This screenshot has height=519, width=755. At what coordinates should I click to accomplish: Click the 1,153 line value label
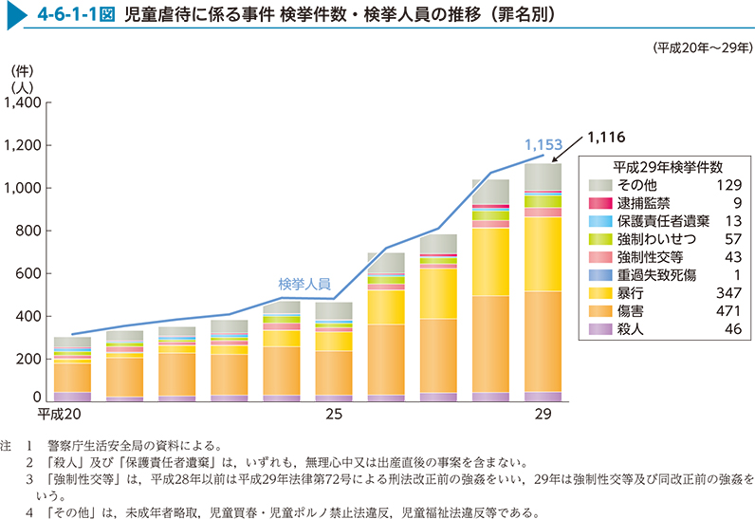pos(544,146)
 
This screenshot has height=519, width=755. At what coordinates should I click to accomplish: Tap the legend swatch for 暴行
pos(599,292)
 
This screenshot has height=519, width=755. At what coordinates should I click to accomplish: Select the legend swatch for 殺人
pos(599,328)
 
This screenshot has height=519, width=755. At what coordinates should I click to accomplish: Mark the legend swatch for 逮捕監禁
pos(599,202)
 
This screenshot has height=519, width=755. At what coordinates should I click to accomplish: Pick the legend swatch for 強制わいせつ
pos(599,238)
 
